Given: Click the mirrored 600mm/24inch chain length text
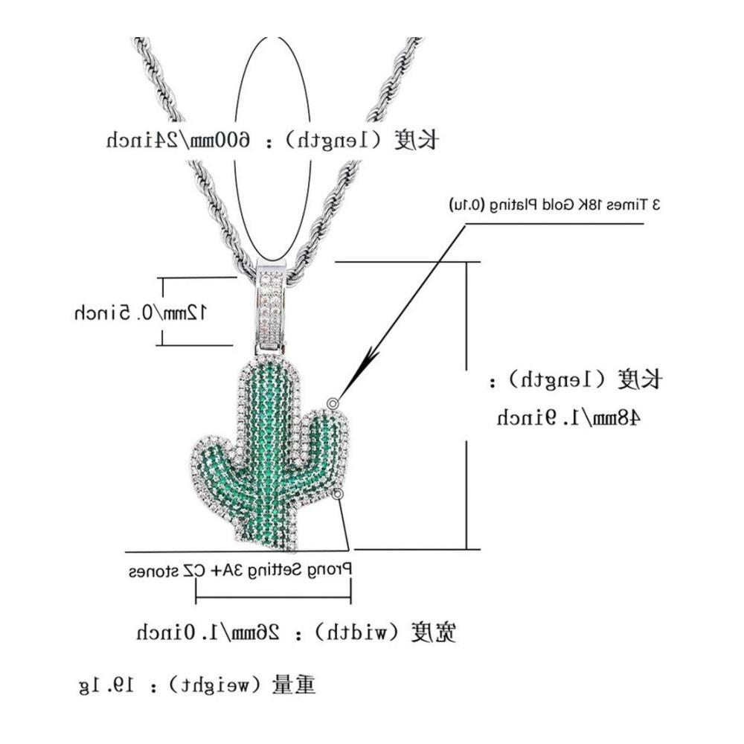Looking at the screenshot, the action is pos(178,141).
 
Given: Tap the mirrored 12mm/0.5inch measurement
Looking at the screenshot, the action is pos(141,312).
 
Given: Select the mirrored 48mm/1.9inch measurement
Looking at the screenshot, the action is pos(568,417).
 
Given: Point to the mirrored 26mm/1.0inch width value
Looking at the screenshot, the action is pos(208,632).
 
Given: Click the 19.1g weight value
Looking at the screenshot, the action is pos(106,685).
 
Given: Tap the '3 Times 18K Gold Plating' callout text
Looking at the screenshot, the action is pos(555,205).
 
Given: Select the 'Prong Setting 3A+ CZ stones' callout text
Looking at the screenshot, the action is pos(240,570).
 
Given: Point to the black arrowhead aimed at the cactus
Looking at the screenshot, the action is pos(368,365).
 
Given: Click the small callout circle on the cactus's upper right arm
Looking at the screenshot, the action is pos(333,403).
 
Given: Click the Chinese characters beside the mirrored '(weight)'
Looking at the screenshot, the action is pos(293,685).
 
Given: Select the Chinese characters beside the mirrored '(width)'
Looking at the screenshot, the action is pos(433,632).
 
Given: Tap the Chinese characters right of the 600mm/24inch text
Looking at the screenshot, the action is pos(416,141).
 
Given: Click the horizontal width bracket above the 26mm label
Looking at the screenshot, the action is pos(273,597).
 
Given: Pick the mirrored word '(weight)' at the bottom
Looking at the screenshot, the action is pos(214,686).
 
